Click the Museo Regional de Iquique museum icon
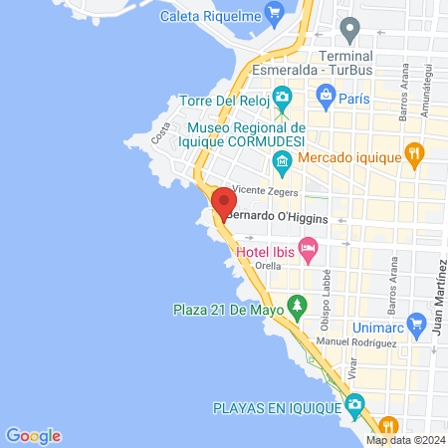(x=284, y=161)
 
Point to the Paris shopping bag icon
(x=325, y=96)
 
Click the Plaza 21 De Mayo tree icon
(x=296, y=304)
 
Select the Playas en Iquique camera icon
(x=354, y=404)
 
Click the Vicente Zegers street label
(x=266, y=189)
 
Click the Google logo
(x=34, y=435)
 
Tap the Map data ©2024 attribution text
(x=403, y=440)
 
